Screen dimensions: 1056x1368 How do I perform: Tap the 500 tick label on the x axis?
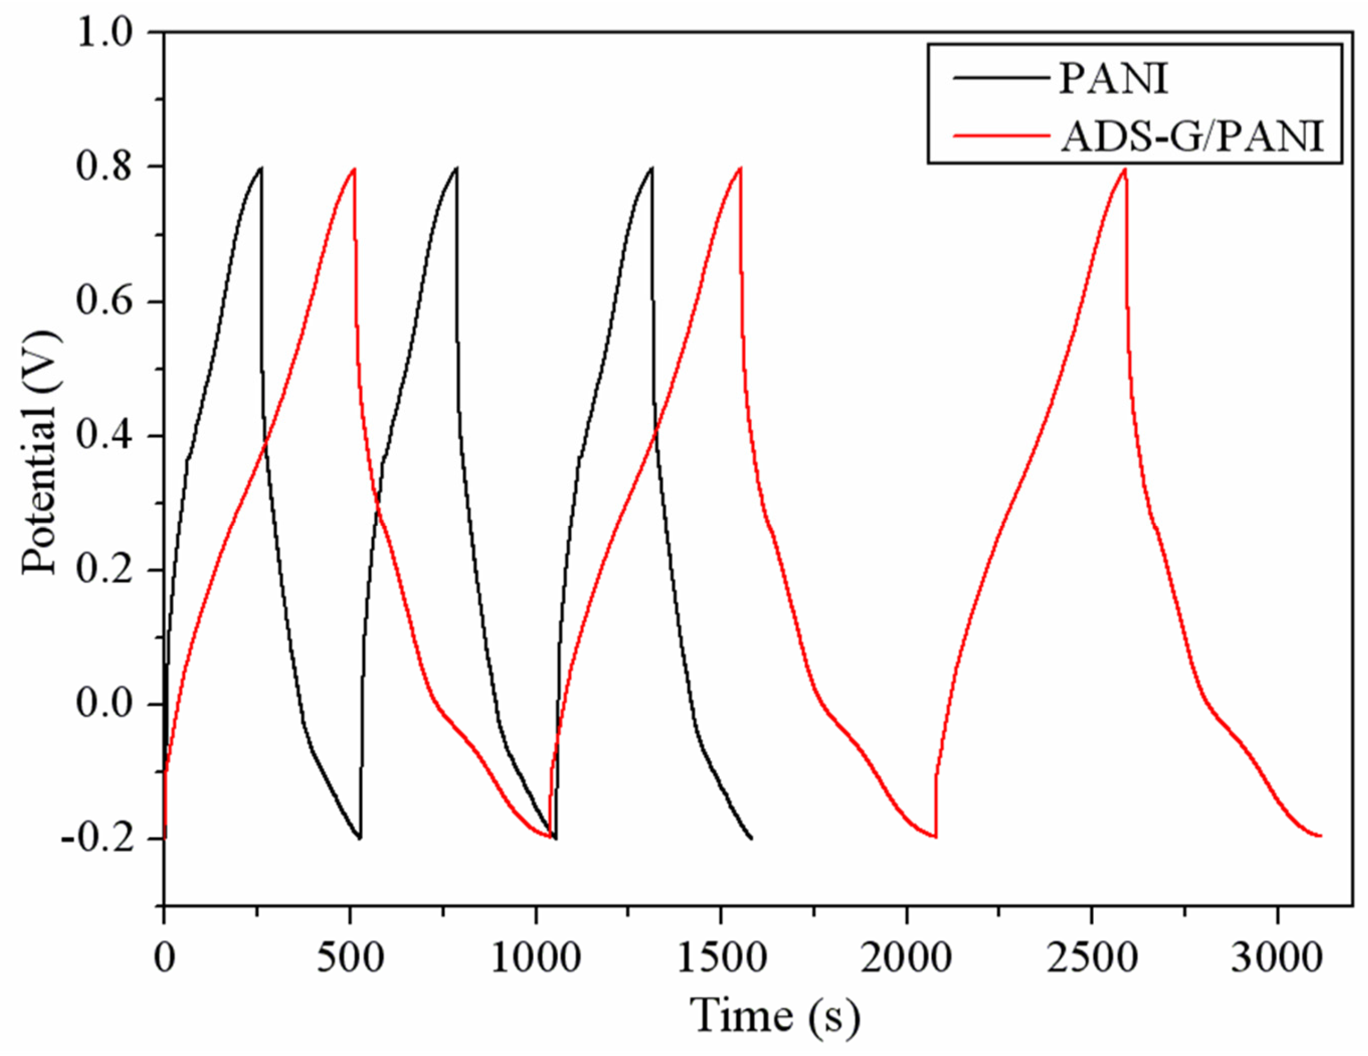pos(349,960)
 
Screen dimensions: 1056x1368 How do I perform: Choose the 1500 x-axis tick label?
pos(721,960)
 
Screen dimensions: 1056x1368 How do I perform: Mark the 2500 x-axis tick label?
pos(1092,960)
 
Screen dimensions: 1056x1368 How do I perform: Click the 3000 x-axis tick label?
pos(1277,960)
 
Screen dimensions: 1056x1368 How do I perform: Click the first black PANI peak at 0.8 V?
pos(261,168)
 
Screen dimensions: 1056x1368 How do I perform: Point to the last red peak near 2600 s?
pos(1125,169)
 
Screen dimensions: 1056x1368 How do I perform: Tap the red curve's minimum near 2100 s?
pos(936,837)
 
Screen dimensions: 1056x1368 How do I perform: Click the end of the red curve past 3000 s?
pos(1320,835)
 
